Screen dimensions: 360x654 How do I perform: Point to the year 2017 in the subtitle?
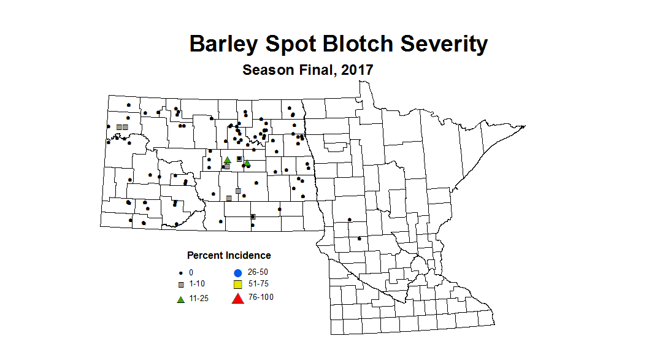click(358, 70)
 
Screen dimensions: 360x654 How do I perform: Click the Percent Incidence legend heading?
click(229, 255)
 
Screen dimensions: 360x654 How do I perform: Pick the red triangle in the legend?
click(237, 299)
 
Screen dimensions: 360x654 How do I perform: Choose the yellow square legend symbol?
click(237, 285)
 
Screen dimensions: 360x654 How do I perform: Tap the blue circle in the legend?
click(237, 272)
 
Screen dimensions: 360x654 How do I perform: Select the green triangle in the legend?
click(180, 299)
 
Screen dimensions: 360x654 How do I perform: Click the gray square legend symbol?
click(180, 285)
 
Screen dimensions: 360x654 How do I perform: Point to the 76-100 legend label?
click(261, 297)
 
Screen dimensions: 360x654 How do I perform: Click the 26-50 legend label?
click(258, 272)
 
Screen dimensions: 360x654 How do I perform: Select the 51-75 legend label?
click(258, 284)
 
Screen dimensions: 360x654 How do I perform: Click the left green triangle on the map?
click(227, 159)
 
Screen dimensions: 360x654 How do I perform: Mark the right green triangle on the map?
click(247, 163)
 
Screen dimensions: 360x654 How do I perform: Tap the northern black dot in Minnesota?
click(350, 220)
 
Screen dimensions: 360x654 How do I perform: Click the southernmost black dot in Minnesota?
click(359, 238)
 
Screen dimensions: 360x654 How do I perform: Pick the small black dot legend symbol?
click(180, 273)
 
